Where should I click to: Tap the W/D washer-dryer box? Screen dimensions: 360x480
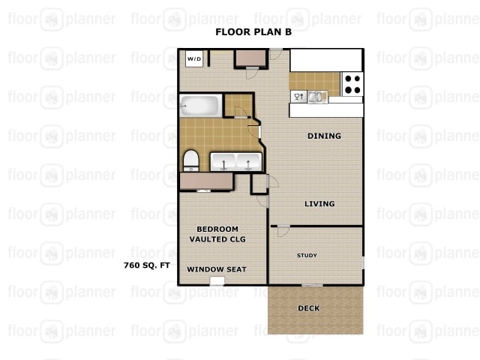(x=193, y=58)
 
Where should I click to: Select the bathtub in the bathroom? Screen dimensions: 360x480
(x=199, y=106)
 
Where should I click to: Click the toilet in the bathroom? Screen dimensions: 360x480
(x=190, y=160)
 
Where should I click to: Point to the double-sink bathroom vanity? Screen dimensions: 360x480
(x=235, y=161)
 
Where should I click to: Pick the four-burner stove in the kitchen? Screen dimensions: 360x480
(x=352, y=82)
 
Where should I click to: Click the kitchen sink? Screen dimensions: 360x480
(x=317, y=96)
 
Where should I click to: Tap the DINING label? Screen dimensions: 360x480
(x=324, y=136)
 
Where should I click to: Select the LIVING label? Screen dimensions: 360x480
(x=319, y=204)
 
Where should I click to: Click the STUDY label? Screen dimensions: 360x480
(x=307, y=256)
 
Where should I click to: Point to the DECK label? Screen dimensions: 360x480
(x=309, y=308)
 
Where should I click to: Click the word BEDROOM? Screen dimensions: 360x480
(x=217, y=229)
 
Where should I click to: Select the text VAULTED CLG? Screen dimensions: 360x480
(x=217, y=239)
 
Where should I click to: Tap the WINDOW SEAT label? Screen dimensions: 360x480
(x=217, y=269)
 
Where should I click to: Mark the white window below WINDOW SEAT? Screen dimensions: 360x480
(x=217, y=281)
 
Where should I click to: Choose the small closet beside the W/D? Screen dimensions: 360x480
(x=250, y=58)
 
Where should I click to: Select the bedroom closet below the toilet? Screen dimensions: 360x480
(x=205, y=181)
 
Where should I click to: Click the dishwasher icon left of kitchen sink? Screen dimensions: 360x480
(x=298, y=96)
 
